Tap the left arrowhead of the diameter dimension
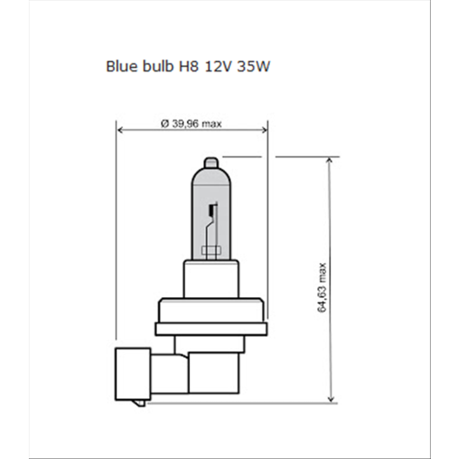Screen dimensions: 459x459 point(120,130)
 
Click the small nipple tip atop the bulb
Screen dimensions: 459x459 point(210,161)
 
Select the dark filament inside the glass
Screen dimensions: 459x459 point(211,211)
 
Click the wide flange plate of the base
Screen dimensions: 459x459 point(210,329)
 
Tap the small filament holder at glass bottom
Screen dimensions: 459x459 point(210,249)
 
